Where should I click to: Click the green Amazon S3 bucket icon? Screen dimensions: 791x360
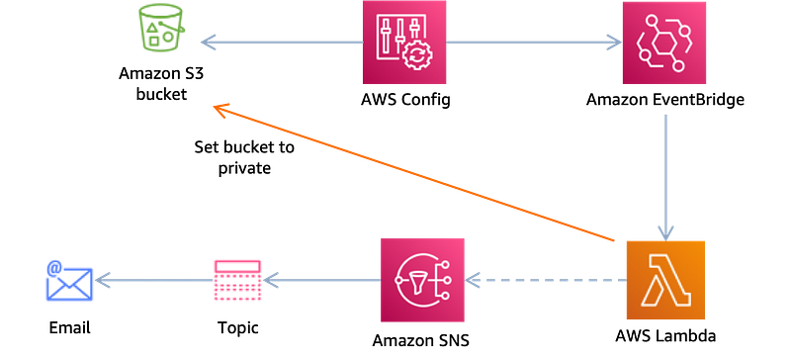pos(160,27)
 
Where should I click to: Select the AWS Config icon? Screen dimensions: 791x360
pos(404,42)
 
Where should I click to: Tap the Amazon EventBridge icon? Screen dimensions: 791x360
pos(663,43)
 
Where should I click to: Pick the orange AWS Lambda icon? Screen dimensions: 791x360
pos(664,280)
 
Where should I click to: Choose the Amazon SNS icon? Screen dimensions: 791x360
pos(422,280)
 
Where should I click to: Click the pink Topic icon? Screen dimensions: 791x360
pos(237,280)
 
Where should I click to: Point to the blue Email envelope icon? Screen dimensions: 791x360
pos(69,281)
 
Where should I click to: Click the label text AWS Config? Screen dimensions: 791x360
pos(405,100)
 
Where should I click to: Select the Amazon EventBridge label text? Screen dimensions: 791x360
pos(664,100)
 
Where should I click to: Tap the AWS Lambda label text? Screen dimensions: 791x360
pos(665,335)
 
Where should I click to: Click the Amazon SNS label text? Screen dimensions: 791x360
pos(421,340)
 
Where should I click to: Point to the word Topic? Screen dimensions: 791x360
pos(238,327)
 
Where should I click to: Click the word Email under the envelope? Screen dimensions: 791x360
pos(69,327)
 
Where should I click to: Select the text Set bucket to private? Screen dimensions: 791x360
pos(244,157)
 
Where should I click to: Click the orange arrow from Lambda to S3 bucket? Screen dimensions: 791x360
pos(413,173)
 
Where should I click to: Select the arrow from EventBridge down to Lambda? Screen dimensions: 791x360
pos(665,178)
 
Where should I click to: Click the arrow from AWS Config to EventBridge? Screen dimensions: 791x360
pos(534,43)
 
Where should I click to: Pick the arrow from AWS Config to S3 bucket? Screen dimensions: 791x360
pos(282,43)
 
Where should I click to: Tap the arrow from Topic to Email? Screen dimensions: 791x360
pos(154,280)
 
